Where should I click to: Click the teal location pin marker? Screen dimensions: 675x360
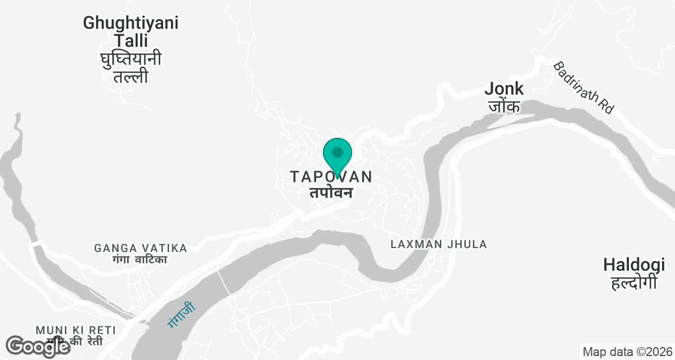click(x=337, y=155)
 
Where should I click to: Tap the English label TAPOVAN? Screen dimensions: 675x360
click(x=331, y=177)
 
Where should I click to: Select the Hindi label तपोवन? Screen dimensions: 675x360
click(x=331, y=192)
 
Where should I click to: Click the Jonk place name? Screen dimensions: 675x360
click(x=504, y=88)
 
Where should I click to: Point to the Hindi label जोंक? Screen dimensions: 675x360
click(x=504, y=106)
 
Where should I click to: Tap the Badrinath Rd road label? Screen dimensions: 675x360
click(x=583, y=88)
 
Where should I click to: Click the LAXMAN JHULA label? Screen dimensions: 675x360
click(x=439, y=244)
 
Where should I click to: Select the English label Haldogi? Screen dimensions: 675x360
click(x=630, y=264)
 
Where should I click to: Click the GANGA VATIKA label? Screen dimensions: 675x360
click(x=141, y=248)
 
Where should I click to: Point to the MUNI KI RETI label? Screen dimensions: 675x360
click(x=75, y=330)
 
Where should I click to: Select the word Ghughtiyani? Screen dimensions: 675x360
click(x=131, y=23)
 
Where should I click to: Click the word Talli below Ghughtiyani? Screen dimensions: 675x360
click(x=131, y=40)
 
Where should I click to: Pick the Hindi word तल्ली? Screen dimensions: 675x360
click(x=131, y=76)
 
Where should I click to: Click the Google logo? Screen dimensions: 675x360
click(x=38, y=346)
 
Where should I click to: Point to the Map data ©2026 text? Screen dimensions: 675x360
click(x=626, y=352)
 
